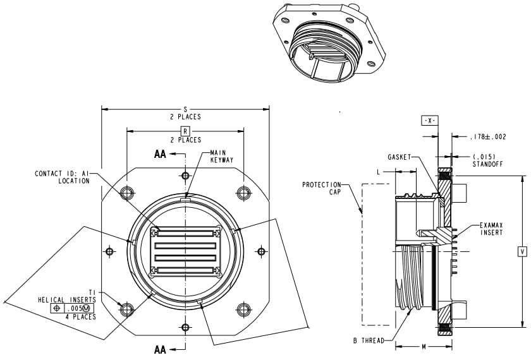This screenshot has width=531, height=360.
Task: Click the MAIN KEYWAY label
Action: click(x=221, y=157)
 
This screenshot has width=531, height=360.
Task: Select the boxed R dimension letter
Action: click(x=185, y=131)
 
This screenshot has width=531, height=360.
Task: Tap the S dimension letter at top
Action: click(x=185, y=109)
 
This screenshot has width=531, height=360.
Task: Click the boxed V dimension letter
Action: click(x=522, y=251)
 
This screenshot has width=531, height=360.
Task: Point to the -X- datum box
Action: click(x=429, y=121)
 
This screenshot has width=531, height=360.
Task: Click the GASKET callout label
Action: click(x=400, y=157)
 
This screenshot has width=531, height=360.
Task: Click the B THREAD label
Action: click(x=369, y=341)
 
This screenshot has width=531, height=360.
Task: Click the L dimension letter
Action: click(x=378, y=171)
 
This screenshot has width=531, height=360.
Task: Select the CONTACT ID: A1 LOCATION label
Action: click(x=62, y=177)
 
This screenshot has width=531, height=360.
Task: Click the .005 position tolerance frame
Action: click(x=73, y=308)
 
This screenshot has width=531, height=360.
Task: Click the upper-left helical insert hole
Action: click(x=127, y=193)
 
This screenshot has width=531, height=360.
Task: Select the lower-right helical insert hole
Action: click(x=243, y=309)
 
